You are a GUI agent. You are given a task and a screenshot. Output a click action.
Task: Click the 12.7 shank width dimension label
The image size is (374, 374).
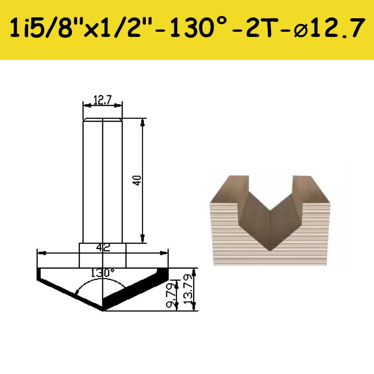[102, 100]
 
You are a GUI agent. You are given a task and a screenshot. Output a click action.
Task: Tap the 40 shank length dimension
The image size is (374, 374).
[137, 180]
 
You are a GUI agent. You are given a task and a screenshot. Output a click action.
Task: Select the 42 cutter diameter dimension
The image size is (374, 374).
[103, 247]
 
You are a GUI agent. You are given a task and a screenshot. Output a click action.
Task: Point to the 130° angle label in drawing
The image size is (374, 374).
[103, 273]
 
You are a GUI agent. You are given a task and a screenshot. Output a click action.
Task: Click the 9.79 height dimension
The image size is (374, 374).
[170, 295]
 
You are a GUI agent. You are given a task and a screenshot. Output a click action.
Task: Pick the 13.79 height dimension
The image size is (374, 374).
[188, 288]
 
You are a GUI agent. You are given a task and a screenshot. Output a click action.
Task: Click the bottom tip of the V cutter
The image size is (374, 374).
[103, 311]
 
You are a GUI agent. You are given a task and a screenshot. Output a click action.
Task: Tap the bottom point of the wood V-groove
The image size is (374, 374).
[270, 251]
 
